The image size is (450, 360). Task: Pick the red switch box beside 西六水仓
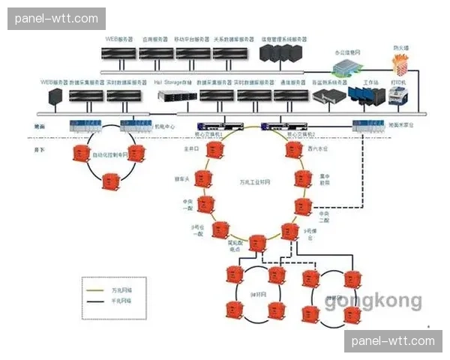[x=293, y=150]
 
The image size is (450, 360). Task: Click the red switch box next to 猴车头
[x=202, y=178]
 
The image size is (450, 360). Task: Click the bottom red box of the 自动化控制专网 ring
[x=111, y=181]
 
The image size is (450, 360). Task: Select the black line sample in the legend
[x=95, y=300]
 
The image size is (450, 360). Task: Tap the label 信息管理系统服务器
[x=284, y=38]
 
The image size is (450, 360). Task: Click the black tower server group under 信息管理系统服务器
[x=280, y=53]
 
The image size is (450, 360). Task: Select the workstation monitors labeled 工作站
[x=370, y=96]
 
